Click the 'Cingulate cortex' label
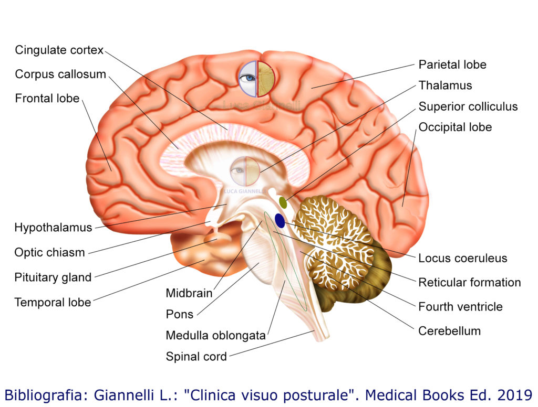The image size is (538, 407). coord(59,50)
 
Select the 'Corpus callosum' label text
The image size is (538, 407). coord(60,74)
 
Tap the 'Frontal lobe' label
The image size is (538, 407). coord(47,98)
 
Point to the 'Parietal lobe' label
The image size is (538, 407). coord(452,65)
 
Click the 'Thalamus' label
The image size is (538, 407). coord(445,85)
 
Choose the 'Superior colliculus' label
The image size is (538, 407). coord(468,106)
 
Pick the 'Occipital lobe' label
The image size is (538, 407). coord(455,127)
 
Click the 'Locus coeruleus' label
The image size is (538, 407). coord(462,258)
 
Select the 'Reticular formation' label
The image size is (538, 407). coord(469,282)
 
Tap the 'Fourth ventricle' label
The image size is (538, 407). coord(460,306)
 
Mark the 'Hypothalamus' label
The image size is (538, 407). coord(53,228)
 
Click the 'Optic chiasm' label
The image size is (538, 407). coord(49,252)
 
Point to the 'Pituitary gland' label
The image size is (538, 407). coord(53,277)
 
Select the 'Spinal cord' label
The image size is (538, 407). coord(196,357)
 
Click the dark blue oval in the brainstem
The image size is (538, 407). coord(280,221)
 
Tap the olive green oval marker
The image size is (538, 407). coord(283,202)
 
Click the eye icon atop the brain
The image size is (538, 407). coord(256,79)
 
